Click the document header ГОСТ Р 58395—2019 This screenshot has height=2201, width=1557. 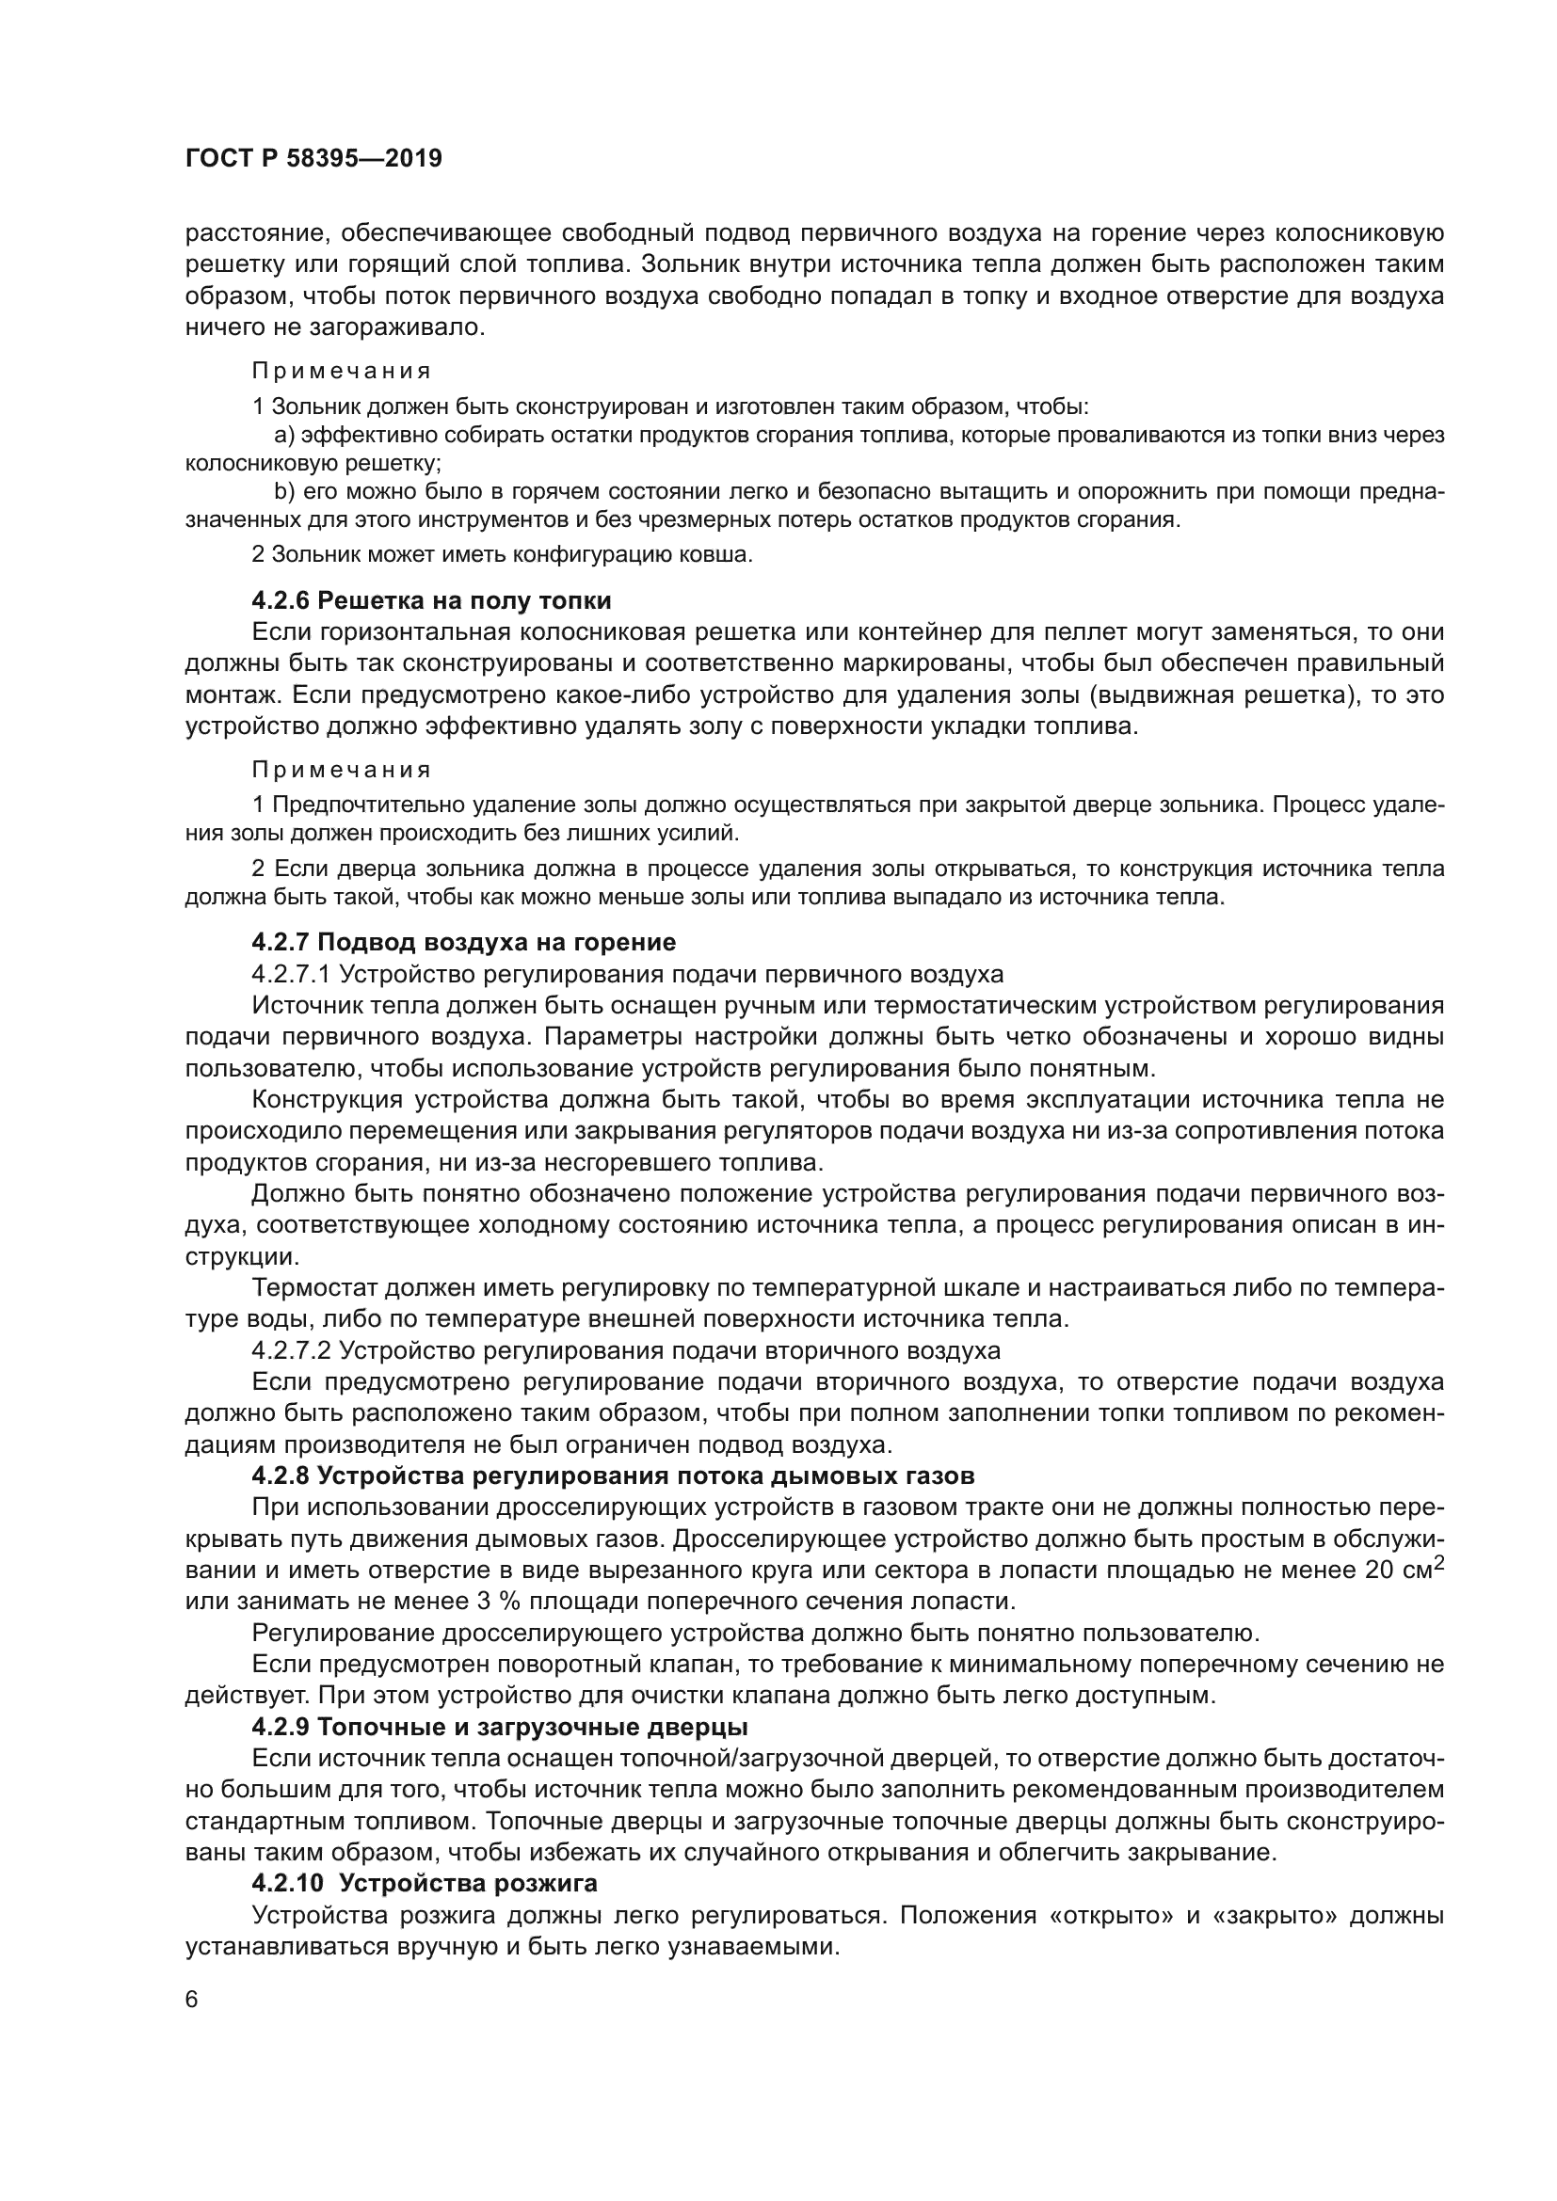click(313, 158)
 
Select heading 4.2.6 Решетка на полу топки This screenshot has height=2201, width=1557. click(431, 601)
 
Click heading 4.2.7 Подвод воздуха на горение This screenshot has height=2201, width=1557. click(463, 942)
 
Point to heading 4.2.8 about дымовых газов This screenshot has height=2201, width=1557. click(613, 1475)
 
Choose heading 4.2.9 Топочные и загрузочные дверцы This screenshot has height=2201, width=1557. click(500, 1727)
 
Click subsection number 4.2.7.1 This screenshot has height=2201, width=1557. click(291, 975)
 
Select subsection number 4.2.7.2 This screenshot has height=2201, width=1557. click(291, 1350)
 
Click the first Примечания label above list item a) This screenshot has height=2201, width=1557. click(342, 371)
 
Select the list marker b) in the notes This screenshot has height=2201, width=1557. click(283, 492)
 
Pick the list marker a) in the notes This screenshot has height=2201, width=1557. click(283, 436)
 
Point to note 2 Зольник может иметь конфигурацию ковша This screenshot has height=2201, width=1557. click(502, 554)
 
